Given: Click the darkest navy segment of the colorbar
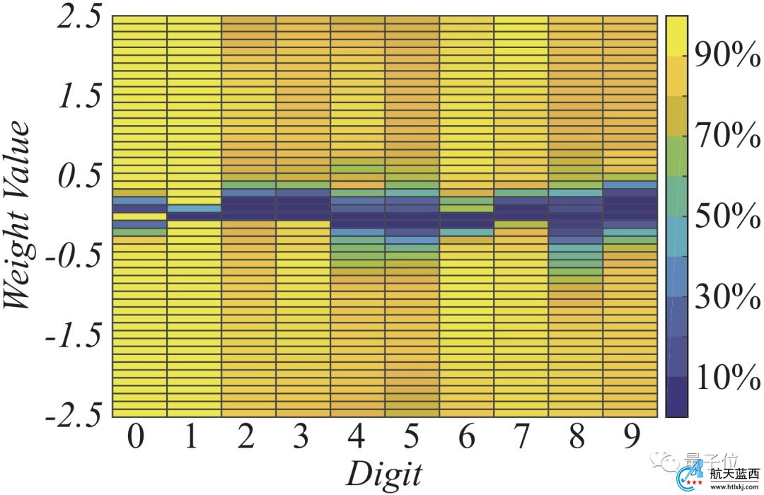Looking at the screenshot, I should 677,396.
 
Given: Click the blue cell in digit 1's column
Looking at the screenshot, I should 194,209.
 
